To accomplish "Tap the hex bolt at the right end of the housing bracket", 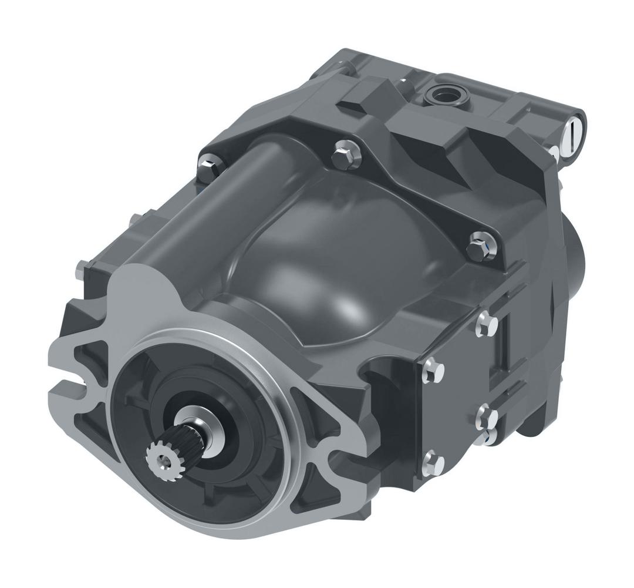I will (481, 247).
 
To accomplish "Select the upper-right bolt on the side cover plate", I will (486, 325).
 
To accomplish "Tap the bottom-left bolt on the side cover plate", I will (433, 463).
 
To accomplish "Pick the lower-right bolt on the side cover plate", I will (486, 418).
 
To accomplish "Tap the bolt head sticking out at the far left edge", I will (82, 270).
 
